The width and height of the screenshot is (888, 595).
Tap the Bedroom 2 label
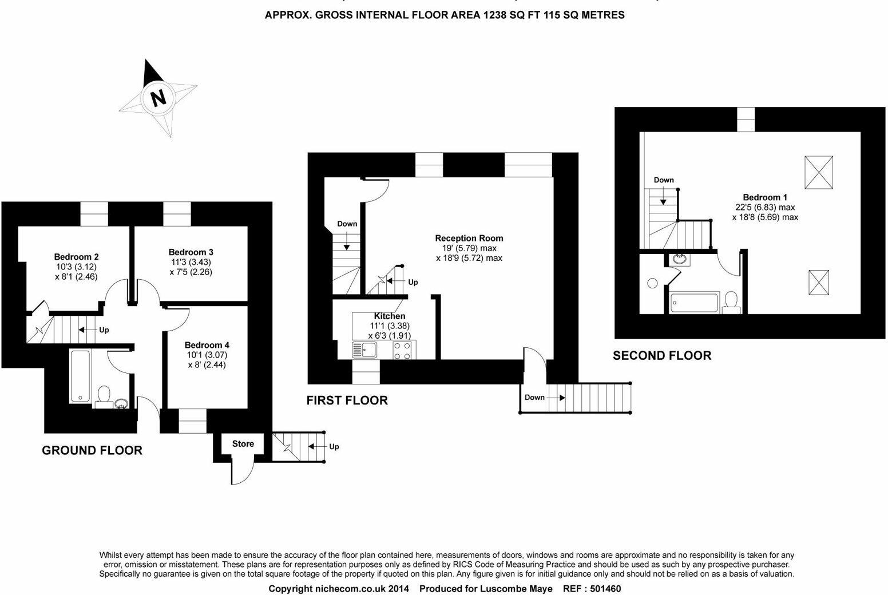click(76, 257)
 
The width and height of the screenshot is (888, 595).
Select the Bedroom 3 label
click(191, 252)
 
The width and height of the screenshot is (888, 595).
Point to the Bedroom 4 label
click(207, 345)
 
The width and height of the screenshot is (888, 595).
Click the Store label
click(243, 444)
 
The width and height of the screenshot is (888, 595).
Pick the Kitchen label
click(390, 316)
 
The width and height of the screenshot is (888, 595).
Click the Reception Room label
click(469, 238)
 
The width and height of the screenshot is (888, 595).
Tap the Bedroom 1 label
click(765, 197)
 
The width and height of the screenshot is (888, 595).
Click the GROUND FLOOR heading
click(92, 450)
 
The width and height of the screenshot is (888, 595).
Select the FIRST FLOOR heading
click(347, 400)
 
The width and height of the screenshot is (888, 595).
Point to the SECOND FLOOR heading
click(662, 356)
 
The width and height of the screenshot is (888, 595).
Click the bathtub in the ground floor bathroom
click(80, 375)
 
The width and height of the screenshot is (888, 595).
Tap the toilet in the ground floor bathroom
click(104, 395)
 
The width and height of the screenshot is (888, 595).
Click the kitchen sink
click(364, 350)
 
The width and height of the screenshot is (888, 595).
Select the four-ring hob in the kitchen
click(402, 350)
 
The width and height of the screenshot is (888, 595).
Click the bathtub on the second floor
click(694, 303)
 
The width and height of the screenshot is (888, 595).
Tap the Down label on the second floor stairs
click(664, 180)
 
